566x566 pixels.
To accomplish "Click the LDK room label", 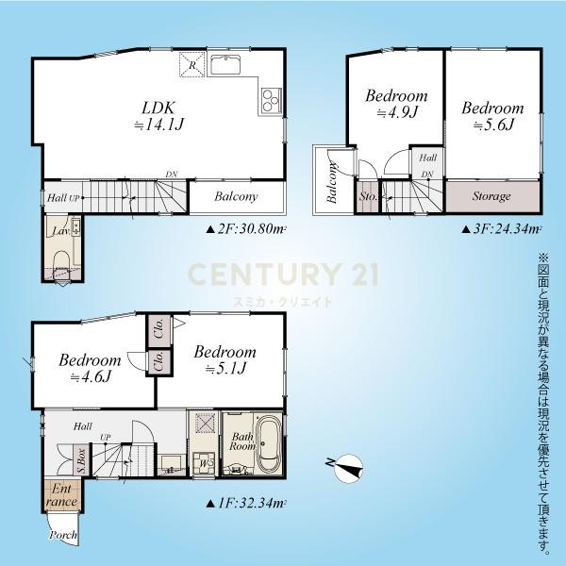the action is (158, 116).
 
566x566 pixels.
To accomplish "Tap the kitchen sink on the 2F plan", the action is (225, 65).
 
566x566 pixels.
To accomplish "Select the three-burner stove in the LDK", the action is (271, 100).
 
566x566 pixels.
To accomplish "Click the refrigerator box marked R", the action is (192, 64).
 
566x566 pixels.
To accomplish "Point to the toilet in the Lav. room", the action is (61, 261).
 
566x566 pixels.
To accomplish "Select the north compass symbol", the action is (347, 468).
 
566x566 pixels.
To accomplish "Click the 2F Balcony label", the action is (236, 196).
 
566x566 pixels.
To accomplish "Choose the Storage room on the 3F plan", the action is (492, 197).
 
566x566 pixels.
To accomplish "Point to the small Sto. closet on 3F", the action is (368, 197).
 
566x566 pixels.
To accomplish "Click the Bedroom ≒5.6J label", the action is (492, 116).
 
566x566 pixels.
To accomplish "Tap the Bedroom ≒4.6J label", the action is (90, 368).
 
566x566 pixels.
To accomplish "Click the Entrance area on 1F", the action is (61, 495).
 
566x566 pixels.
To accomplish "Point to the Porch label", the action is (63, 535).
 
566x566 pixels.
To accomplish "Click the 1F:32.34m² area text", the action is (246, 503).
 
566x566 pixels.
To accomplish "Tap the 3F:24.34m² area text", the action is (502, 229).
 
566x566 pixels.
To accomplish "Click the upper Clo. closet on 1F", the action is (158, 330).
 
